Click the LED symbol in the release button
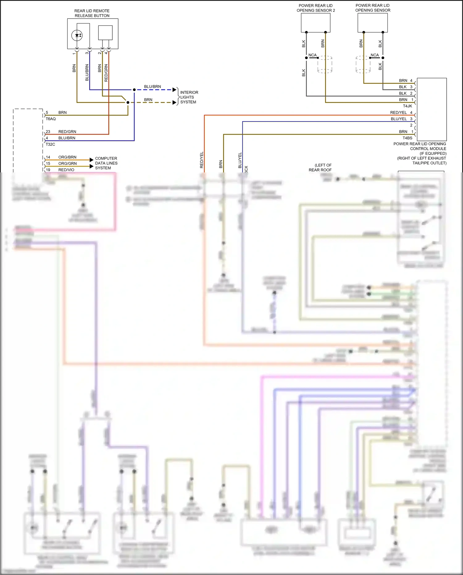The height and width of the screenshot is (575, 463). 77,36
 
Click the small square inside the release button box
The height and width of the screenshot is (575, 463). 105,32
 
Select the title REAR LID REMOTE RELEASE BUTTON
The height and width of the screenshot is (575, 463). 92,13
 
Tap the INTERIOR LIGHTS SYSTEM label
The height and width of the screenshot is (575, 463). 189,97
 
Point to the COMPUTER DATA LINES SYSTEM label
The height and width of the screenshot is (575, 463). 106,163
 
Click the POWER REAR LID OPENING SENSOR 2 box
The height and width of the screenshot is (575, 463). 315,23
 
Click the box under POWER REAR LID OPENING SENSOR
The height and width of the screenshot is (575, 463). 373,23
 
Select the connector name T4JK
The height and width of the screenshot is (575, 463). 407,106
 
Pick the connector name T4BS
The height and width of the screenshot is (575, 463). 407,138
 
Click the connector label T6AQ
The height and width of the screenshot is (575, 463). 51,119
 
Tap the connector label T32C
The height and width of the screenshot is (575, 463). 50,144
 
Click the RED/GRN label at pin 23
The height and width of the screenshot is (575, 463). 67,132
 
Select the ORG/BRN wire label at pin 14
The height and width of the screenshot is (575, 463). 67,157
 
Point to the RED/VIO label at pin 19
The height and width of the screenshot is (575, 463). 66,170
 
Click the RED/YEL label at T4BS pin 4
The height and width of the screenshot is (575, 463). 398,112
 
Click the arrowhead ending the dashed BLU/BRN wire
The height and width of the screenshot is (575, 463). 174,90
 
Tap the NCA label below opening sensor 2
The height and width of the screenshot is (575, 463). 312,55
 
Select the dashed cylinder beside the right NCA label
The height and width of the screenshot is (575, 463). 363,64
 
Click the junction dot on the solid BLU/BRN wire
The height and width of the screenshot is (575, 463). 134,90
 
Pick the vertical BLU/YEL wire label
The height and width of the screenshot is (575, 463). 240,160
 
